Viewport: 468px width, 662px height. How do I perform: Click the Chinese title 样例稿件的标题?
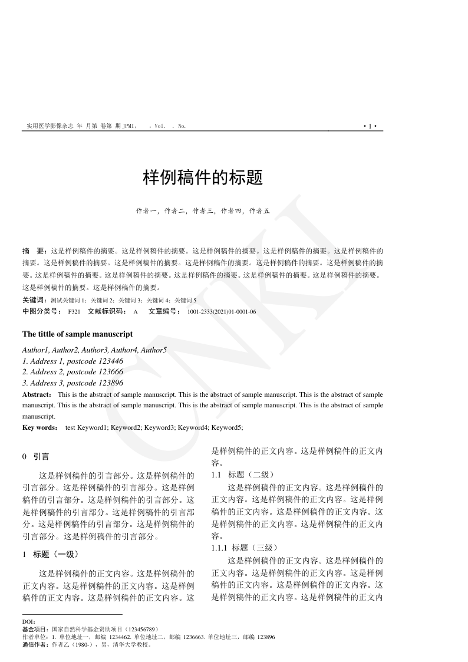pyautogui.click(x=203, y=177)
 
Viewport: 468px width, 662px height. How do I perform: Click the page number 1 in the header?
pyautogui.click(x=370, y=126)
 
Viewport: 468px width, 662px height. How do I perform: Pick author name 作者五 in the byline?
pyautogui.click(x=259, y=210)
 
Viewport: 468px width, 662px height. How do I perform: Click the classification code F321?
pyautogui.click(x=74, y=311)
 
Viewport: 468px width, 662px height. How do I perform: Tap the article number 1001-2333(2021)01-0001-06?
pyautogui.click(x=222, y=311)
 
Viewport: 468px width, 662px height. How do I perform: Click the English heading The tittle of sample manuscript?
pyautogui.click(x=77, y=334)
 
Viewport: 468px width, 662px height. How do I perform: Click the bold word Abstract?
pyautogui.click(x=37, y=394)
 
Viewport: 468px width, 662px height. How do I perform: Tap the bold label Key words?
pyautogui.click(x=39, y=427)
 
